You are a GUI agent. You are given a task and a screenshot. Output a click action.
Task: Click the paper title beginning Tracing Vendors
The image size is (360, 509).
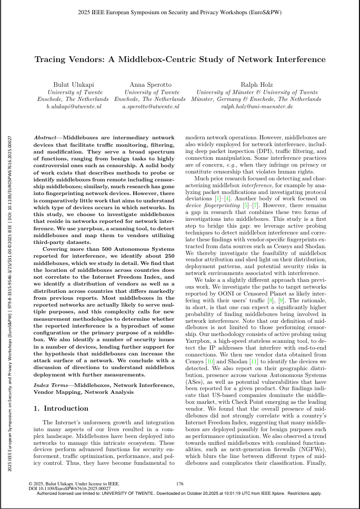[x=180, y=59]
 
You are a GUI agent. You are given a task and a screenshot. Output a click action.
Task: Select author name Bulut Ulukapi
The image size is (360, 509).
[x=73, y=85]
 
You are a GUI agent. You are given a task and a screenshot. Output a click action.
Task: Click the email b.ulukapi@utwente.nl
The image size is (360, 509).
[x=73, y=106]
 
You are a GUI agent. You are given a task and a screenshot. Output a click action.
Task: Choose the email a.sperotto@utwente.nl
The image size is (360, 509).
[x=150, y=106]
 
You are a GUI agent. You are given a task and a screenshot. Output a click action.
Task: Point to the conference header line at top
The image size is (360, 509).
[x=180, y=11]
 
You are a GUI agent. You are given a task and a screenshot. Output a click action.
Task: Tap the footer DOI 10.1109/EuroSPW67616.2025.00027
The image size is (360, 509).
[x=74, y=488]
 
